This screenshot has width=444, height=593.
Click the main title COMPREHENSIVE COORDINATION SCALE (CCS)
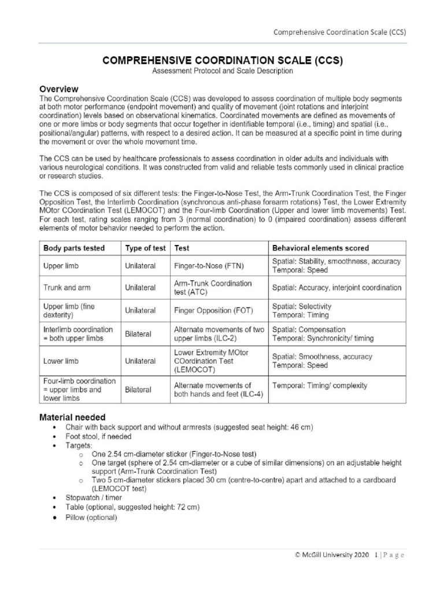pyautogui.click(x=222, y=60)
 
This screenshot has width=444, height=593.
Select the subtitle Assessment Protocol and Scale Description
pyautogui.click(x=222, y=71)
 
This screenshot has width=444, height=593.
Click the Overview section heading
pyautogui.click(x=58, y=89)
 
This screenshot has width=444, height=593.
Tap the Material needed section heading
pyautogui.click(x=72, y=416)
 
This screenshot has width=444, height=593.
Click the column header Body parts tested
pyautogui.click(x=74, y=248)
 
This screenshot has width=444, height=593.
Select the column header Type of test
pyautogui.click(x=145, y=248)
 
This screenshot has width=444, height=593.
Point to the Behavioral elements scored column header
pyautogui.click(x=320, y=248)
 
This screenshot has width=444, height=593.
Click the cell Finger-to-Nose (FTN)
pyautogui.click(x=209, y=266)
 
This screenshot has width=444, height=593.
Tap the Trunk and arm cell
pyautogui.click(x=66, y=288)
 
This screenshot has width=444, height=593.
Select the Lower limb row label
pyautogui.click(x=61, y=361)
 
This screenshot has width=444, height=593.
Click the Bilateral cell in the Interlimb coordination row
pyautogui.click(x=138, y=334)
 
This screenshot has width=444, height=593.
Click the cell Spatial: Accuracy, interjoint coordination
pyautogui.click(x=336, y=288)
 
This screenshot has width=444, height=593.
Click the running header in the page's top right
pyautogui.click(x=339, y=32)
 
